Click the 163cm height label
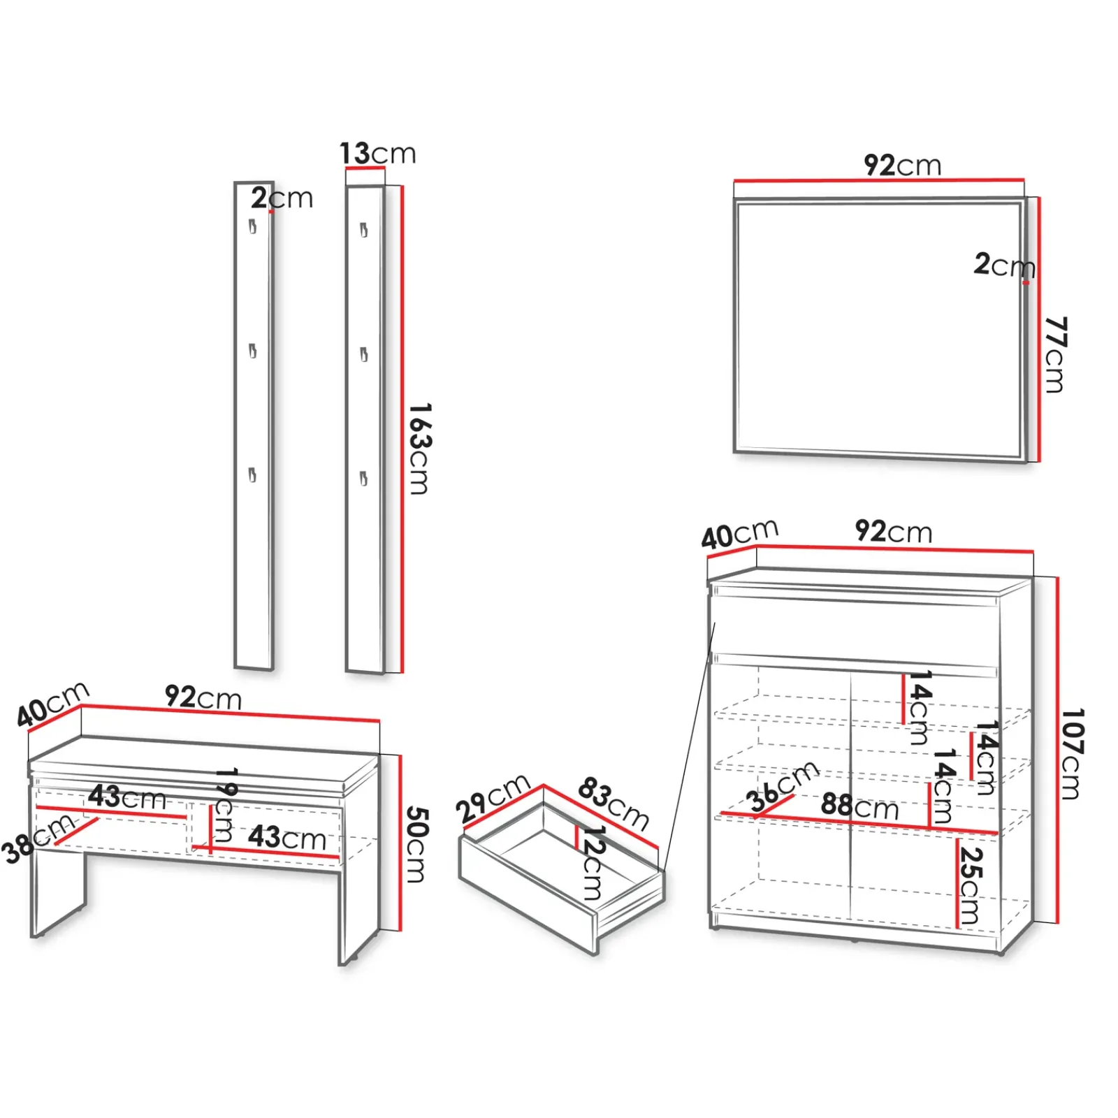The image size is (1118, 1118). pos(419,449)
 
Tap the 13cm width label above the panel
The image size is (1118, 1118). pos(377,153)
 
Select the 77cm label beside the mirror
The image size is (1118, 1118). pos(1055,354)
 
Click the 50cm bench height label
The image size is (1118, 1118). pos(416,844)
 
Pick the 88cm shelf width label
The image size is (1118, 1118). pos(859,806)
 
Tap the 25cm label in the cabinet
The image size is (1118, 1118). pos(970,885)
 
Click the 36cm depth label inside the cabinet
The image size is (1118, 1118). pos(781,786)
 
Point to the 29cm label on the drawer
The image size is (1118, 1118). pos(493,798)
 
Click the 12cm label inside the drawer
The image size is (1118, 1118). pos(593,862)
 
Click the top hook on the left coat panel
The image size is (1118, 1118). pos(252,226)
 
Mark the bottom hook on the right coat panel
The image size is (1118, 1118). pos(363,479)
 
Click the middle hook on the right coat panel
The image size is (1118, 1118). pos(363,355)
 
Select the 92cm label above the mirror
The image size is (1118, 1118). pos(902,166)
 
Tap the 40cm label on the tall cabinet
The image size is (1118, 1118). pos(739,535)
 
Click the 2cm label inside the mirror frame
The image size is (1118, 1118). pos(1003,265)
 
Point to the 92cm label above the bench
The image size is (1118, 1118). pos(203,697)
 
